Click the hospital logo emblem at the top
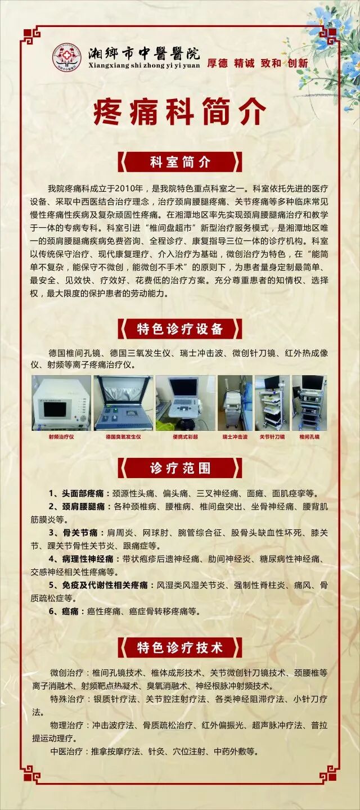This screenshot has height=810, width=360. [x=67, y=57]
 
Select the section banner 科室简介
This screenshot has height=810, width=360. [x=180, y=162]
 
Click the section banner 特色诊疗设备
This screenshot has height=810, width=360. [x=180, y=328]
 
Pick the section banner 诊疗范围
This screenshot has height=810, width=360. [x=180, y=467]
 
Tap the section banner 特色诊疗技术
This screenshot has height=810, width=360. [x=180, y=647]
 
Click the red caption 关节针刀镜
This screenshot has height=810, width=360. [x=272, y=436]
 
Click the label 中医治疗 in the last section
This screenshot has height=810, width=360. [x=66, y=751]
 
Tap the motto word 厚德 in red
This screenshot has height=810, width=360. [x=217, y=64]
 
